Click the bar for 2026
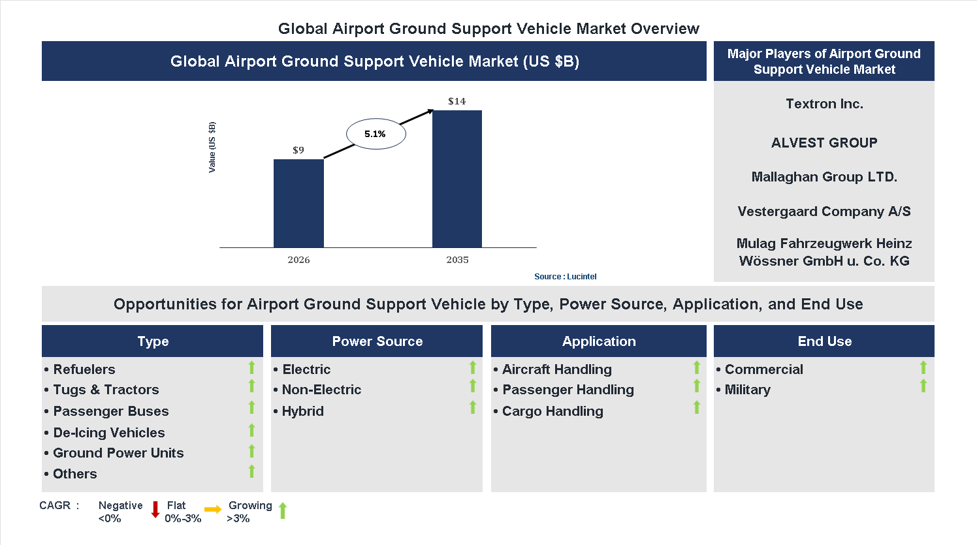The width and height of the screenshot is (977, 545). coord(298,203)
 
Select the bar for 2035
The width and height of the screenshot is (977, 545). coord(457,179)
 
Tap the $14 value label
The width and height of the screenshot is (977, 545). coord(456,101)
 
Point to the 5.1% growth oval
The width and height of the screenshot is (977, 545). coord(376,134)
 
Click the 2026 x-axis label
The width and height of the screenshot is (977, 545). coord(298,260)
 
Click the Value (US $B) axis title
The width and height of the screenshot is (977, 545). coord(212,148)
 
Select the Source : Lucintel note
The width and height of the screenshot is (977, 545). coord(565,277)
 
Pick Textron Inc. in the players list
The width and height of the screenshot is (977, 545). coord(824,104)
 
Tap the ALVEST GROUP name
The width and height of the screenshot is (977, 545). coord(824,143)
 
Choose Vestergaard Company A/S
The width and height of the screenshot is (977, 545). coord(824,211)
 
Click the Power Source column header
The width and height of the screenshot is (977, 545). coord(377,341)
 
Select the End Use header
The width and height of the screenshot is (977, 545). coord(824,341)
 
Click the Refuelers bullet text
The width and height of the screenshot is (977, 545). coord(84,369)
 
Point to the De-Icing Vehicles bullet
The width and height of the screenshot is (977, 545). coord(109,433)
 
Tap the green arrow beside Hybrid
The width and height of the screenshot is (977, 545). coord(473,408)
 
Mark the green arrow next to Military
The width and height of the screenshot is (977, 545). coord(923,386)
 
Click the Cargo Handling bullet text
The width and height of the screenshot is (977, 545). coord(553,411)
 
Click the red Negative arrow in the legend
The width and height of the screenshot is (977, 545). coord(155,509)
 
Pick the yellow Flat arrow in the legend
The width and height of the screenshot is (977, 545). coord(213,509)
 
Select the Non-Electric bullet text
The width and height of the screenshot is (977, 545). coord(321,390)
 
